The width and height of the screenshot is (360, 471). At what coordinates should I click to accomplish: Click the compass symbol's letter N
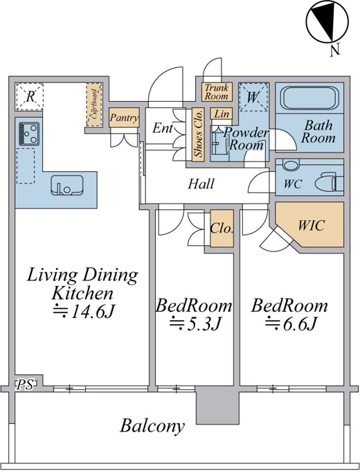[x=335, y=50]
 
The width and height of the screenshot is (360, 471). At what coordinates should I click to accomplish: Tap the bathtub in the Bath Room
[x=309, y=98]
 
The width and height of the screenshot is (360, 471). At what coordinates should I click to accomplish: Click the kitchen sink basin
[x=66, y=185]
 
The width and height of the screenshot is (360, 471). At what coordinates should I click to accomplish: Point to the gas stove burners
[x=29, y=134]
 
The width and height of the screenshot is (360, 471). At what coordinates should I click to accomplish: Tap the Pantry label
[x=124, y=118]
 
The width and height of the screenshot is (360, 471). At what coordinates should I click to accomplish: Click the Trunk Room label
[x=217, y=92]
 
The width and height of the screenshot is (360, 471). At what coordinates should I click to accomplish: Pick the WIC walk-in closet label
[x=311, y=225]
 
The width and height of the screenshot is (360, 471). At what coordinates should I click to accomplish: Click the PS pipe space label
[x=25, y=385]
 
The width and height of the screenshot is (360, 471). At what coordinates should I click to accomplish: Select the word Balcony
[x=152, y=426]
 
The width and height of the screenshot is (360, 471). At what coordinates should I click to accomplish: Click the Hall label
[x=201, y=184]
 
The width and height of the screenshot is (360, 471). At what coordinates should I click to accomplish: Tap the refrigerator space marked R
[x=30, y=96]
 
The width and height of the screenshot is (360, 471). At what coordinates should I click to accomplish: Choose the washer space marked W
[x=253, y=97]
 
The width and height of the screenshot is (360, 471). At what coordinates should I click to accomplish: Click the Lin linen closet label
[x=222, y=114]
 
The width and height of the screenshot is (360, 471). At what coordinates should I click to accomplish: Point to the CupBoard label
[x=94, y=104]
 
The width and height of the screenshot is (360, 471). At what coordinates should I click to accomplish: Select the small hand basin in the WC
[x=291, y=165]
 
